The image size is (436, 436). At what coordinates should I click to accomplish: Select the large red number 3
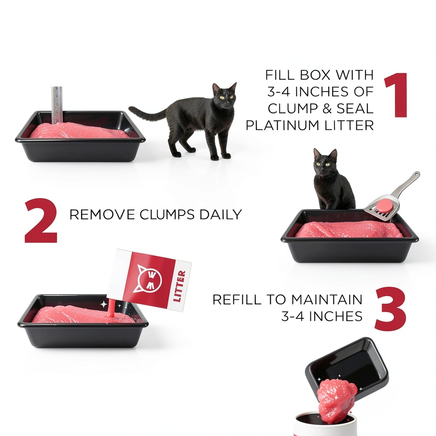pos(390,309)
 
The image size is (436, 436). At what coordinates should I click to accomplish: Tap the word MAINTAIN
pos(327,299)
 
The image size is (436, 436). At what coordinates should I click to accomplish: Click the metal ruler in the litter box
pos(57,105)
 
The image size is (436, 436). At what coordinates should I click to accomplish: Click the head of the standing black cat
pos(225,95)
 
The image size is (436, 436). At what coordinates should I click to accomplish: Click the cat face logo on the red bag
pos(149,278)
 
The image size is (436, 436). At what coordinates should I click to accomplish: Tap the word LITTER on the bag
pos(179,286)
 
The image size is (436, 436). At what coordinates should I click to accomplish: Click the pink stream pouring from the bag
pos(111,308)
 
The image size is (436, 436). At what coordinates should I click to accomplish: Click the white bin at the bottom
pos(325,425)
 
